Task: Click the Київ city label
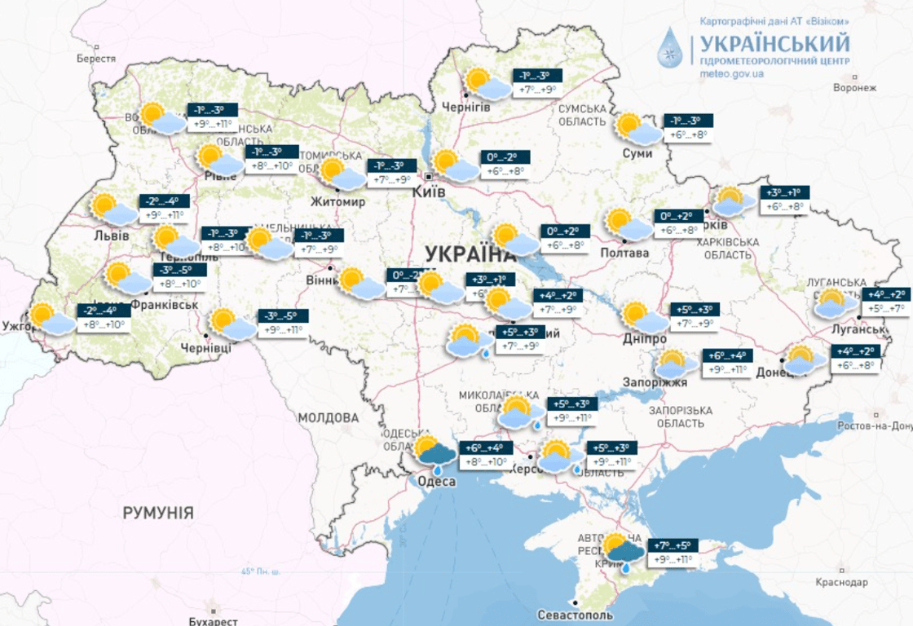pos(430,192)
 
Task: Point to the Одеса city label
pos(436,481)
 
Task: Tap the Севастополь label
pos(576,614)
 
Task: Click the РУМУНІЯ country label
pos(158,513)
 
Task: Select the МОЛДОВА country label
pos(328,418)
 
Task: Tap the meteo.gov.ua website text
pos(731,73)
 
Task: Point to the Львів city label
pos(112,236)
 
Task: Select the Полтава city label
pos(625,253)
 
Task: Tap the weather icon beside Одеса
pos(434,454)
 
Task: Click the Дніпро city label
pos(643,339)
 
